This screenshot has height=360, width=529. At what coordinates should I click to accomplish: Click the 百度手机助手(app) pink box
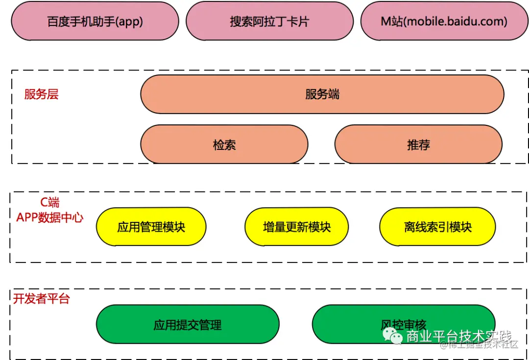click(x=95, y=22)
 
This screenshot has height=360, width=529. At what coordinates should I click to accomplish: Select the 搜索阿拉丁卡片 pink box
click(x=269, y=22)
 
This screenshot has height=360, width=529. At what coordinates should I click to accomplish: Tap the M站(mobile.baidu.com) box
click(x=444, y=22)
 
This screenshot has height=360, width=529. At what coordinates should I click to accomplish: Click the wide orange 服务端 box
click(x=322, y=95)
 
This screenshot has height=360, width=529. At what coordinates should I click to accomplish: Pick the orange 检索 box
click(x=224, y=144)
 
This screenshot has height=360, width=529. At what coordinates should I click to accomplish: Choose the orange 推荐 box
click(x=418, y=144)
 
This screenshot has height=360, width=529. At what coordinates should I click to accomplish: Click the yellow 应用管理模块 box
click(x=151, y=227)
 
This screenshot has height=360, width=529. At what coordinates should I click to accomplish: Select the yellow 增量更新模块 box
click(x=296, y=227)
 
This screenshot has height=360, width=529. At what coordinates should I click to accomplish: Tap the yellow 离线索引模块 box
click(x=437, y=227)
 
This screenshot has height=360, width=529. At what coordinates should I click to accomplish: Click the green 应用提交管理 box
click(x=188, y=325)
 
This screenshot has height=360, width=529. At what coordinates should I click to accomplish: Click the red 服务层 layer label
click(x=42, y=95)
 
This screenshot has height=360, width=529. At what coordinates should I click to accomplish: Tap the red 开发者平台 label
click(x=42, y=299)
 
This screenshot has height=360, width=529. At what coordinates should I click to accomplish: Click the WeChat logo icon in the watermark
click(x=393, y=336)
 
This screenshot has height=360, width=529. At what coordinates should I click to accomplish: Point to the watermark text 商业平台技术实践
click(x=458, y=336)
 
